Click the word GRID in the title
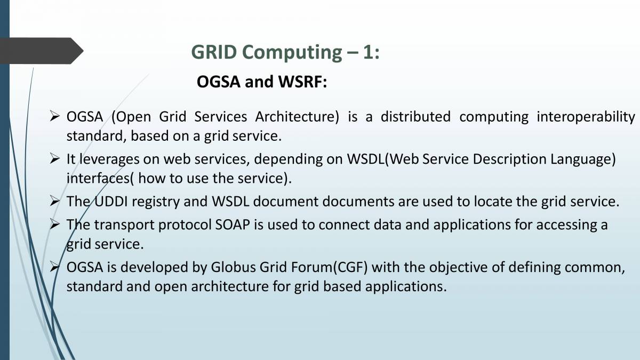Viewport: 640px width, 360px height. click(214, 52)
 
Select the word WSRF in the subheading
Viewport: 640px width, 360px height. click(302, 82)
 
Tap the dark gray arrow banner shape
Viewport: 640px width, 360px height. click(42, 51)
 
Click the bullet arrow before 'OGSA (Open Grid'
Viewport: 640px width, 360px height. click(54, 116)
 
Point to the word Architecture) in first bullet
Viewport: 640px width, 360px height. click(297, 117)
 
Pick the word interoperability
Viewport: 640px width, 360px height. click(586, 117)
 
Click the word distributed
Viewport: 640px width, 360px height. click(415, 117)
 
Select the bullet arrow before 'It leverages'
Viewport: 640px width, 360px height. click(54, 158)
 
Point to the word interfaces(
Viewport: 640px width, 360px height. click(100, 179)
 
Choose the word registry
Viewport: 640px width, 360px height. click(155, 202)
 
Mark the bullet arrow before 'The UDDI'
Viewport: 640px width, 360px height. click(54, 201)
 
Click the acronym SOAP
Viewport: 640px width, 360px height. click(233, 225)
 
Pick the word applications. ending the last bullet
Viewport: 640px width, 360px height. click(406, 287)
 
